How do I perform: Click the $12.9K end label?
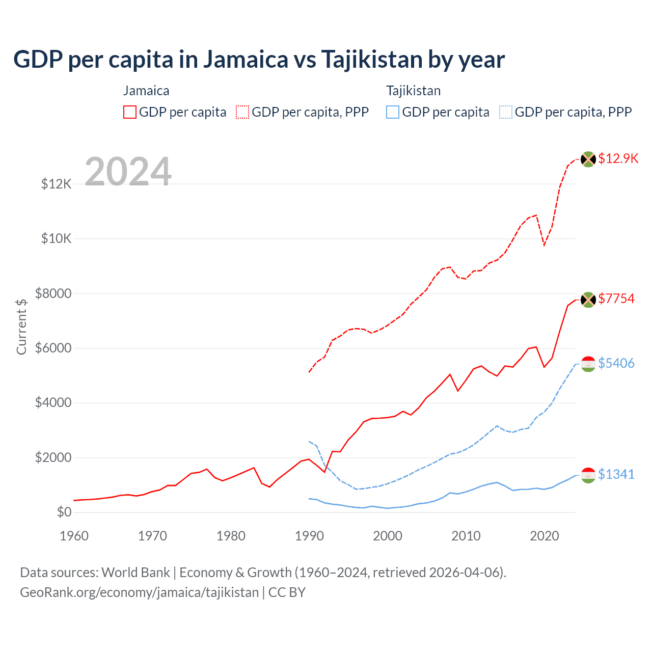618,158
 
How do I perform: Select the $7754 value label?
616,298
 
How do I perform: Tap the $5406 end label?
616,363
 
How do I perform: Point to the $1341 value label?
616,474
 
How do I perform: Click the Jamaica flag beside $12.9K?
588,159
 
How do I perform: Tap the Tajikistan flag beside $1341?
588,475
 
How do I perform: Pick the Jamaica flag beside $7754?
588,300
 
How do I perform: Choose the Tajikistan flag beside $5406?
588,364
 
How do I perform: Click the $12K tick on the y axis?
57,184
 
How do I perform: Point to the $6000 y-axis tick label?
53,348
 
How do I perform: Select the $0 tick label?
64,512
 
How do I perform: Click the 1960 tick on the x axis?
74,536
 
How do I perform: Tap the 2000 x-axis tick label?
388,536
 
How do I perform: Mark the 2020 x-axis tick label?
545,536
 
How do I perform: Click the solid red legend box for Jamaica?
130,112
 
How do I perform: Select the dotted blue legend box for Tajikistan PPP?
506,112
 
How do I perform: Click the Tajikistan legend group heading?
413,91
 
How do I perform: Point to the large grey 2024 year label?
128,172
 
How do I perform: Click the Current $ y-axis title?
21,327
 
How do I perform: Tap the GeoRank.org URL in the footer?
139,592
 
